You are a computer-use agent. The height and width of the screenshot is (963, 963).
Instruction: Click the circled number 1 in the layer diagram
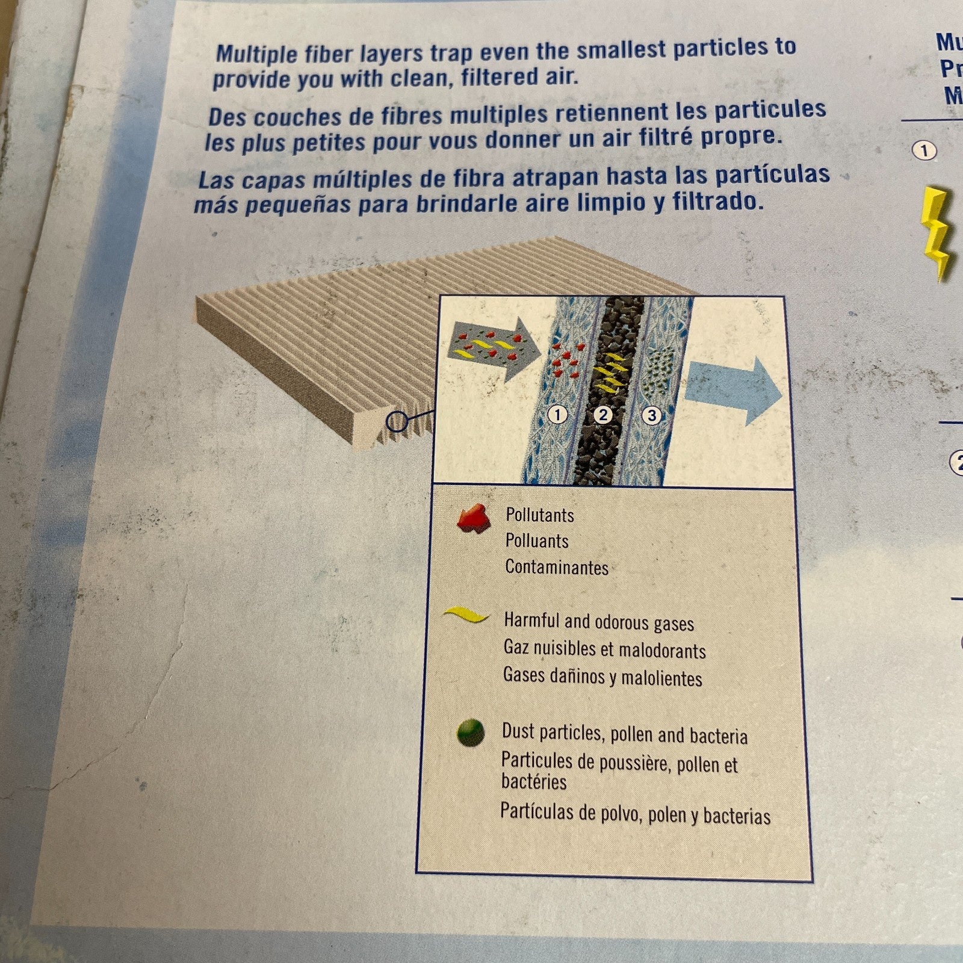point(558,414)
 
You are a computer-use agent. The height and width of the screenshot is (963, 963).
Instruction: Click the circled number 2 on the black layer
point(602,414)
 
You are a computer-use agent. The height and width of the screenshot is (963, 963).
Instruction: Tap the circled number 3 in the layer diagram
point(651,415)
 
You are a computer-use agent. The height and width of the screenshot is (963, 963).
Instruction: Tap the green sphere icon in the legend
point(471,732)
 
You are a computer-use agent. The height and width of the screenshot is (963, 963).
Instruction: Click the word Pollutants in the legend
point(539,515)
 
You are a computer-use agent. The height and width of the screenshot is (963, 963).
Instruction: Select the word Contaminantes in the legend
point(557,567)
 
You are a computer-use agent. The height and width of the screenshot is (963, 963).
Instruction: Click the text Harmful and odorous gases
point(599,622)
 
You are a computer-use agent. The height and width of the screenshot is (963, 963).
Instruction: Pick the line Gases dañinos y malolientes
point(602,677)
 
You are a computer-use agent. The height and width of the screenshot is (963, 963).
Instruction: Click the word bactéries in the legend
point(534,782)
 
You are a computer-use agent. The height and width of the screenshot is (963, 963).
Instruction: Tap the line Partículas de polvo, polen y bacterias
point(635,814)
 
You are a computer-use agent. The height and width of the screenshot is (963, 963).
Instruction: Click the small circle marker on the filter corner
point(397,422)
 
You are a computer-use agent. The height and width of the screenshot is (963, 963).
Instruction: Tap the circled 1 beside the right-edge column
point(924,150)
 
